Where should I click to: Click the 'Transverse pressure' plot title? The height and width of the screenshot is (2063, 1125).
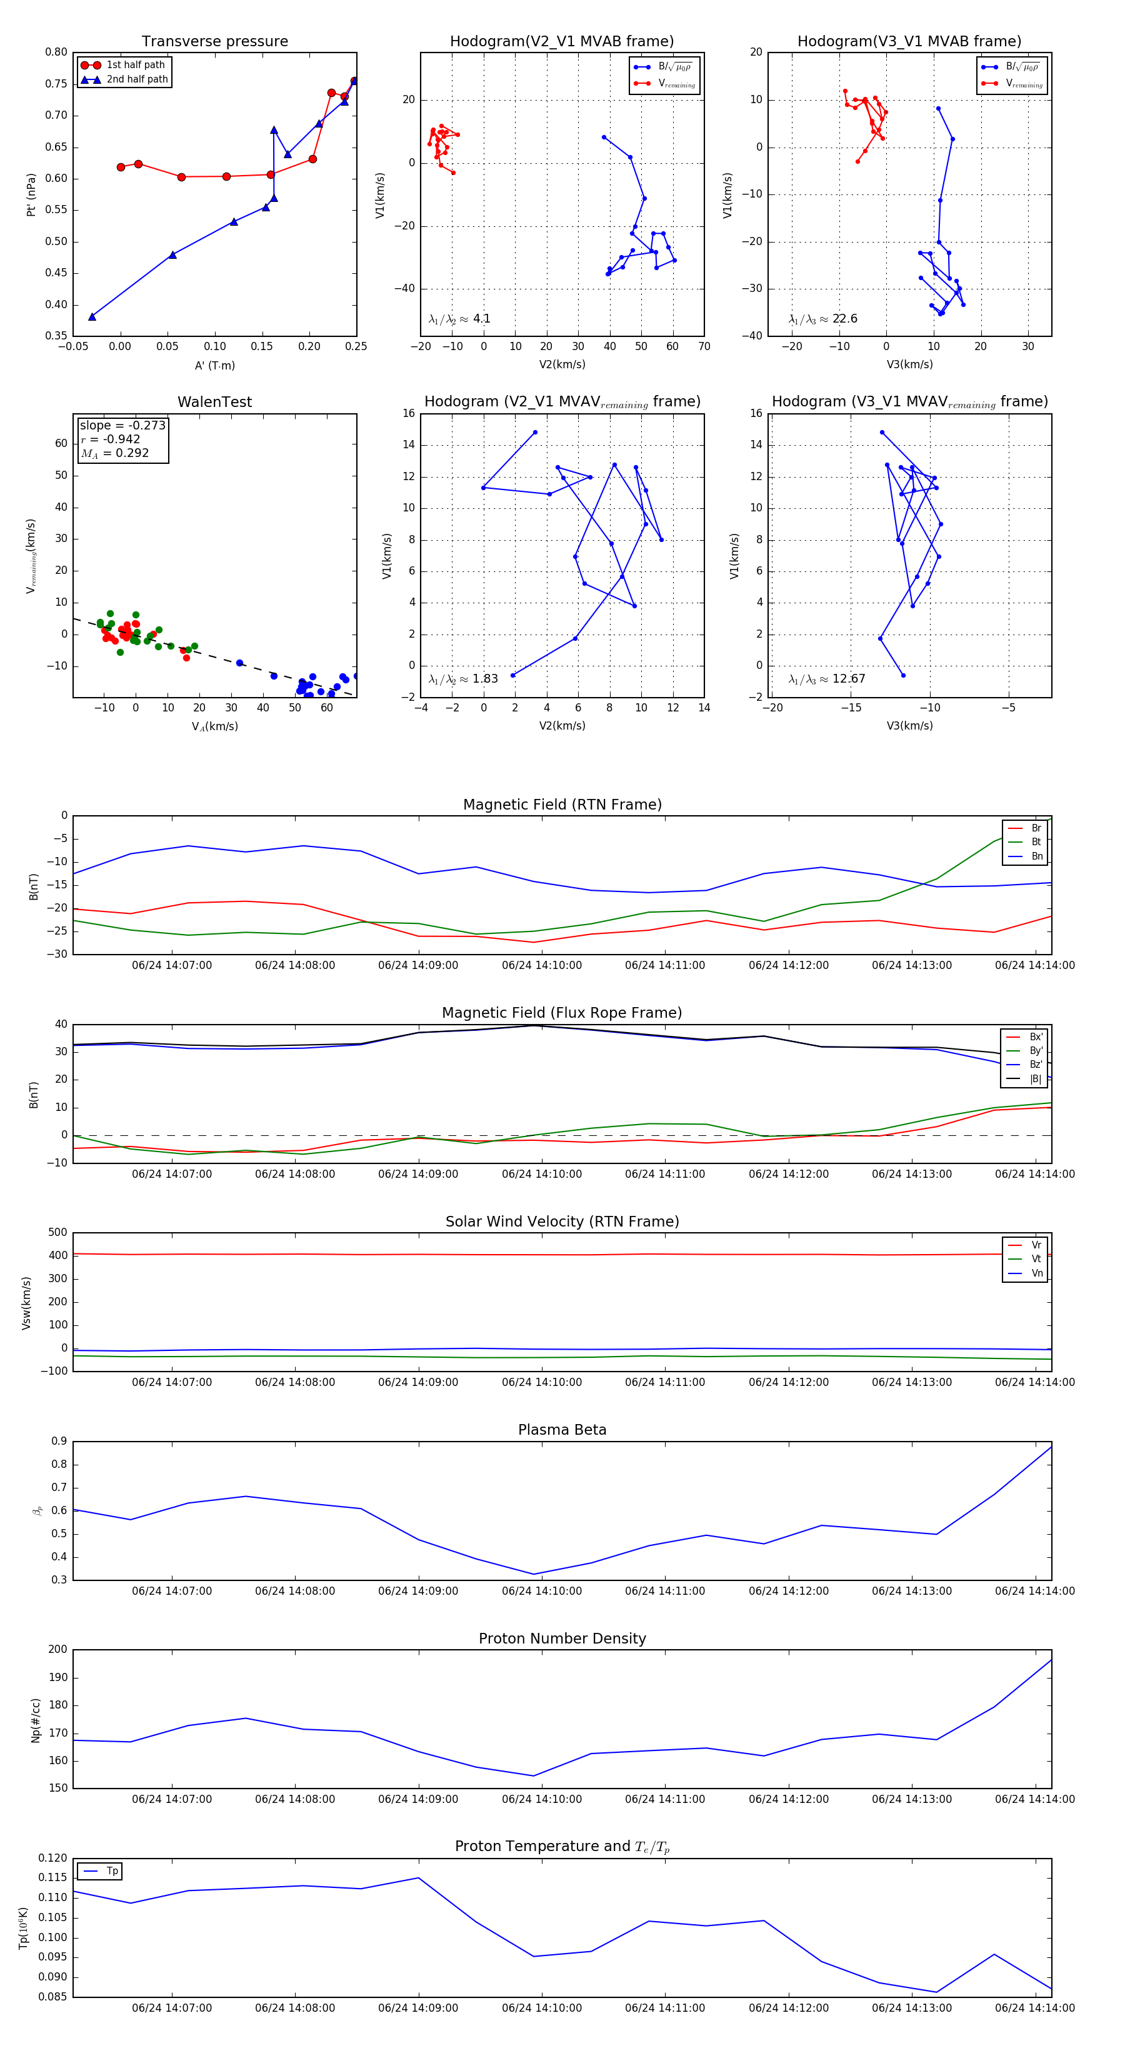pyautogui.click(x=214, y=42)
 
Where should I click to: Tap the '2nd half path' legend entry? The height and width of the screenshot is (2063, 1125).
pyautogui.click(x=137, y=79)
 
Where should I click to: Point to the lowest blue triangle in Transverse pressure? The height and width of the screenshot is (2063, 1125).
pyautogui.click(x=92, y=317)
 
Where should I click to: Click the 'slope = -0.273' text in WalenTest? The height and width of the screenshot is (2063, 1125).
pyautogui.click(x=122, y=425)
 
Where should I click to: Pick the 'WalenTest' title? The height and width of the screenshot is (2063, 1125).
pyautogui.click(x=214, y=402)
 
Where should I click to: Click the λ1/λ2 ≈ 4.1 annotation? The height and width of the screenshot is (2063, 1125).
pyautogui.click(x=459, y=319)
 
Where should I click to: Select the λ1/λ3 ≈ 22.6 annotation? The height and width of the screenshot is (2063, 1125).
pyautogui.click(x=822, y=319)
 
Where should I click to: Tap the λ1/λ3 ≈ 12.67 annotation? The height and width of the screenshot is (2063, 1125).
pyautogui.click(x=826, y=679)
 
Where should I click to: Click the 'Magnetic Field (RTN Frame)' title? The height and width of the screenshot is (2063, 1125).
pyautogui.click(x=562, y=805)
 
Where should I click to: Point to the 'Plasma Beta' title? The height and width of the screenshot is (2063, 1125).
pyautogui.click(x=562, y=1430)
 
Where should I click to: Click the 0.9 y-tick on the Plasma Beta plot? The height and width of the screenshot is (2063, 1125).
pyautogui.click(x=59, y=1442)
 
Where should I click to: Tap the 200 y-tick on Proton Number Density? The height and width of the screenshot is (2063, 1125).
pyautogui.click(x=57, y=1650)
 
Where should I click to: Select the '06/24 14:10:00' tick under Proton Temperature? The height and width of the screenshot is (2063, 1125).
pyautogui.click(x=541, y=2008)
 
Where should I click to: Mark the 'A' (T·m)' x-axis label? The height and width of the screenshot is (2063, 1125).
pyautogui.click(x=214, y=366)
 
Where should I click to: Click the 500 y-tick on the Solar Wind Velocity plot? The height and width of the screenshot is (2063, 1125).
pyautogui.click(x=57, y=1233)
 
